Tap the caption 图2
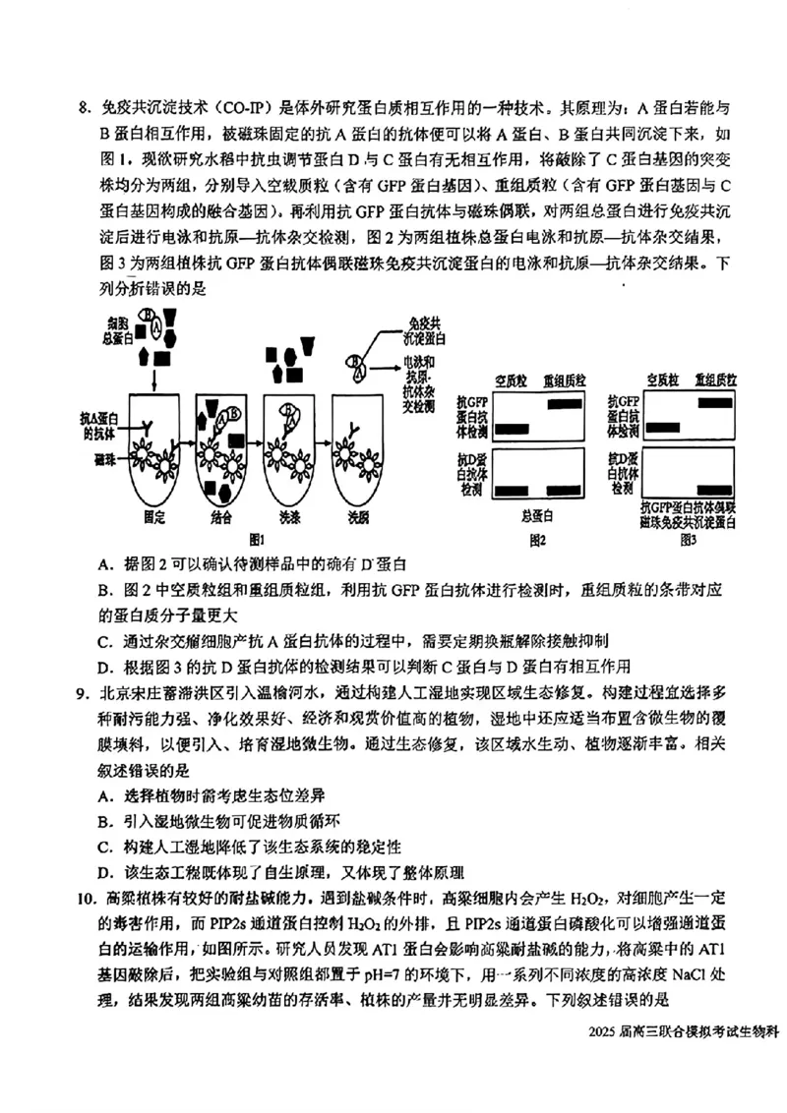pos(537,539)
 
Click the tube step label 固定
pos(153,515)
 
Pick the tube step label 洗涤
pos(292,515)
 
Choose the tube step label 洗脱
pos(358,515)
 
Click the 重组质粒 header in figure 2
pos(565,381)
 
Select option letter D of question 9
pos(104,871)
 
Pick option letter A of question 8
pos(104,565)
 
